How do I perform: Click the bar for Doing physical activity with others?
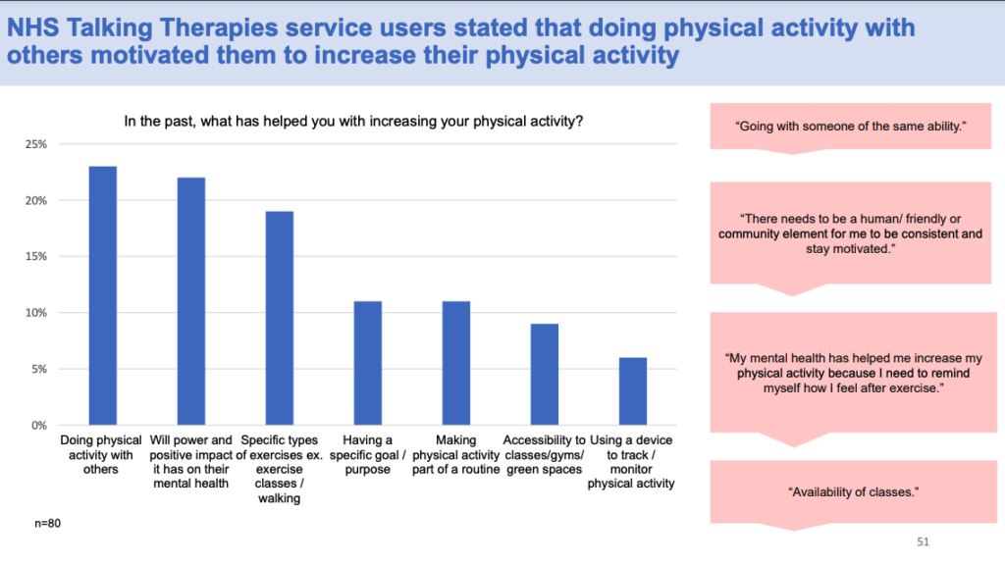click(103, 295)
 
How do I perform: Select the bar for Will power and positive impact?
click(191, 301)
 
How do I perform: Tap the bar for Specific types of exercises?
click(279, 318)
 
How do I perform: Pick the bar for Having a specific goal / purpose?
click(368, 363)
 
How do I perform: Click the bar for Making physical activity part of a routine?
click(455, 363)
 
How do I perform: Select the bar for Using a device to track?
click(632, 391)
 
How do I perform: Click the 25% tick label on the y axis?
click(35, 144)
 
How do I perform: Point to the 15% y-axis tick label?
click(35, 257)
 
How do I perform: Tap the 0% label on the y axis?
click(38, 426)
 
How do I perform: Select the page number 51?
click(922, 540)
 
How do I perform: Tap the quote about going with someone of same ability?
click(846, 127)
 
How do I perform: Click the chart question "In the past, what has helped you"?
click(354, 122)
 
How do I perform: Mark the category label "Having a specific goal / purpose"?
click(368, 454)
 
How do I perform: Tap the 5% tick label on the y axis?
click(38, 369)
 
